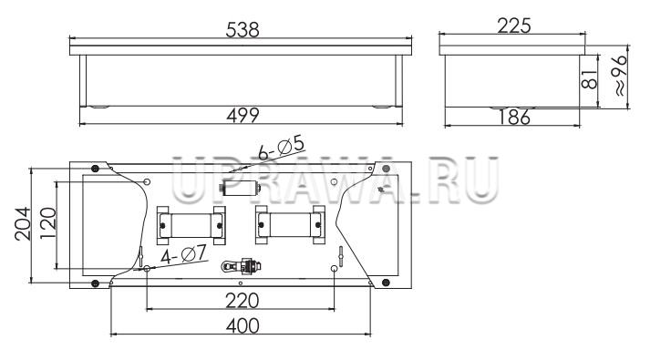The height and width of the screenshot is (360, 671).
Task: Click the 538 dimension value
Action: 243,30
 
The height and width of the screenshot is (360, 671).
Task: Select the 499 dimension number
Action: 243,116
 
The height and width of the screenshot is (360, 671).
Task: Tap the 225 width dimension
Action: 514,26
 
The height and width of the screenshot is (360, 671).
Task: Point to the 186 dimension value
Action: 514,118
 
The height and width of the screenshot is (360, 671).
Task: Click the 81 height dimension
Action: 589,79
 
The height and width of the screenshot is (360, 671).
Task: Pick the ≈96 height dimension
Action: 621,76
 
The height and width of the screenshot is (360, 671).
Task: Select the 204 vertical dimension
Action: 23,223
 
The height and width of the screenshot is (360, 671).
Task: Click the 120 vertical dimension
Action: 48,223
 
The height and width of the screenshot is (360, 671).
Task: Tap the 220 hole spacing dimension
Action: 243,301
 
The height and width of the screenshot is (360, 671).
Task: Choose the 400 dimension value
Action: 243,326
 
